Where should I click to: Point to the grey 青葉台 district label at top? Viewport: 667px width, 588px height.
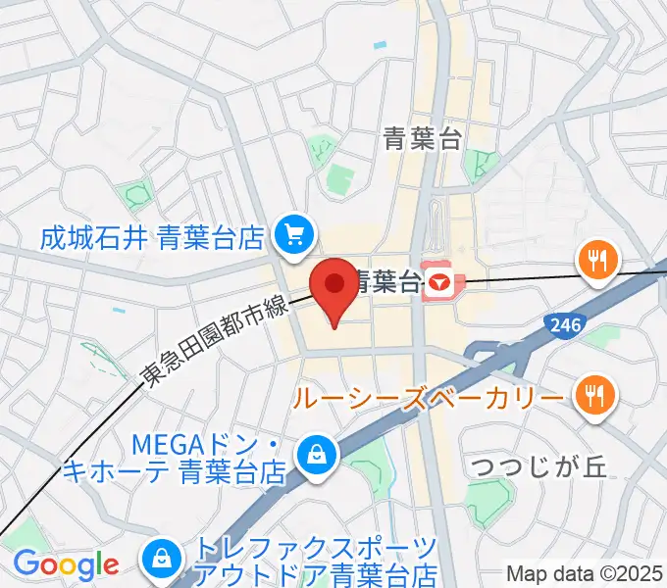[x=423, y=139]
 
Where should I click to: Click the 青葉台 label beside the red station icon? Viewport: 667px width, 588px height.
[x=387, y=284]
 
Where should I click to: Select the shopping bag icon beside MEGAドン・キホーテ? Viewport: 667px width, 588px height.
[x=319, y=453]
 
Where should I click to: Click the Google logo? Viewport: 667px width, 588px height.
[x=65, y=565]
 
